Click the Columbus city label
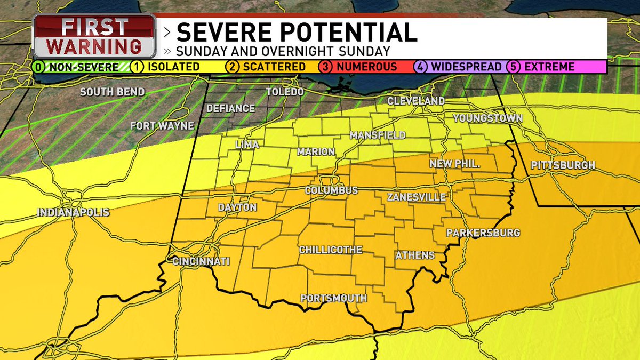pos(331,190)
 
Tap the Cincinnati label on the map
pos(201,261)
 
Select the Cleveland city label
pos(416,101)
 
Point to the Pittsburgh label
pos(563,165)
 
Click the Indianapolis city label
pos(73,212)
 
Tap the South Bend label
pos(112,92)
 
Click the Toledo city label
pos(285,92)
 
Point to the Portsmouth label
pos(334,298)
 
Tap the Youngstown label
pos(487,118)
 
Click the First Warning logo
pos(94,37)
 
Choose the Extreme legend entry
pos(549,67)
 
